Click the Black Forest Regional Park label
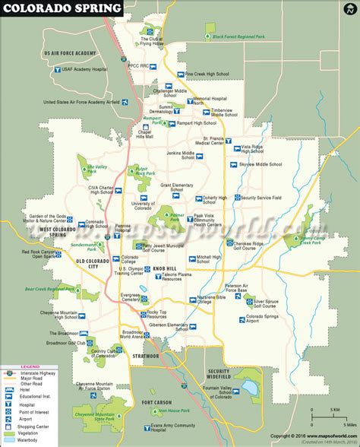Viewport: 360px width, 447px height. click(x=244, y=36)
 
